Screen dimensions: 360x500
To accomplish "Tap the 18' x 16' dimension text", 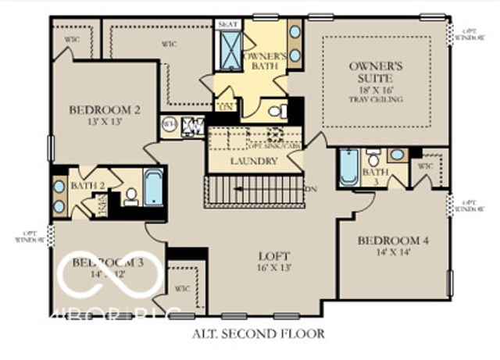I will pyautogui.click(x=376, y=90).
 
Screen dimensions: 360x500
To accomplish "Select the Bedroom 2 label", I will pyautogui.click(x=104, y=109).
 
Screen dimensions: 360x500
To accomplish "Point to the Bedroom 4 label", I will pyautogui.click(x=394, y=241).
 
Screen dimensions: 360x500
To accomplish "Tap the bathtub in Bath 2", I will pyautogui.click(x=153, y=187).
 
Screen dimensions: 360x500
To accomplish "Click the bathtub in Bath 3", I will pyautogui.click(x=348, y=166).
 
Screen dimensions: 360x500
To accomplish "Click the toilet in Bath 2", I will pyautogui.click(x=131, y=196).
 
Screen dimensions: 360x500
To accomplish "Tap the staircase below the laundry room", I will pyautogui.click(x=253, y=191).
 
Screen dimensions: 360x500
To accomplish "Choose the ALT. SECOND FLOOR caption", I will pyautogui.click(x=258, y=333).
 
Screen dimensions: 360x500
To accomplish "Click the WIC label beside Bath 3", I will pyautogui.click(x=425, y=166).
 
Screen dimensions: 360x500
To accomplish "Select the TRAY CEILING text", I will pyautogui.click(x=376, y=99).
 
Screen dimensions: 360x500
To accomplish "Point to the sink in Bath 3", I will pyautogui.click(x=398, y=155).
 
